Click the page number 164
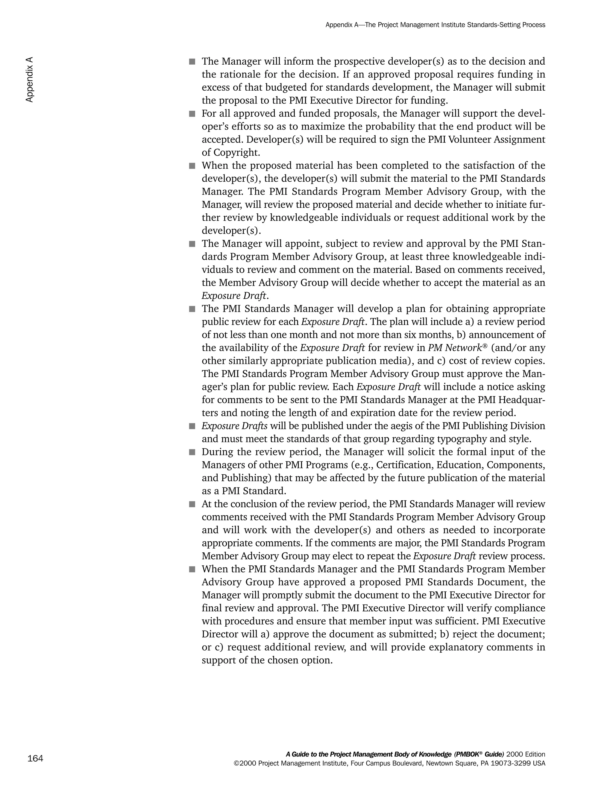pyautogui.click(x=35, y=759)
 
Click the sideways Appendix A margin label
pyautogui.click(x=29, y=80)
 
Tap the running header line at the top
pyautogui.click(x=435, y=25)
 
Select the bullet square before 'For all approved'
pyautogui.click(x=192, y=114)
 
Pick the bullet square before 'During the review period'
pyautogui.click(x=192, y=452)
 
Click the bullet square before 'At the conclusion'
pyautogui.click(x=192, y=504)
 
